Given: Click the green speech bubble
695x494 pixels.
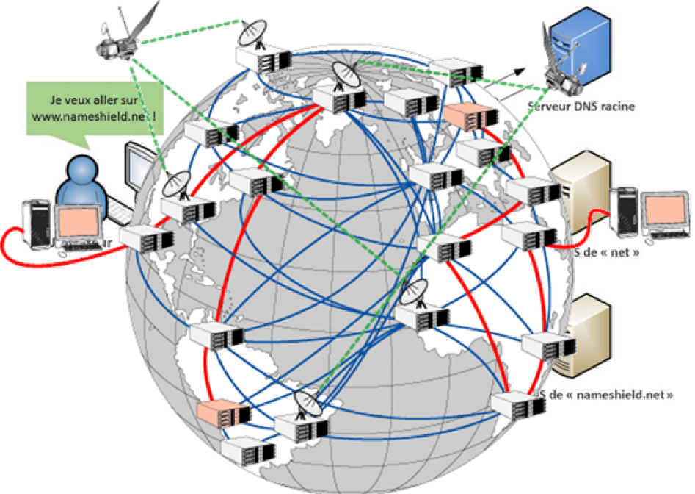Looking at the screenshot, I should (x=93, y=109).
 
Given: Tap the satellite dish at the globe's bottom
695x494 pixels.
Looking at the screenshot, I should (x=309, y=404).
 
